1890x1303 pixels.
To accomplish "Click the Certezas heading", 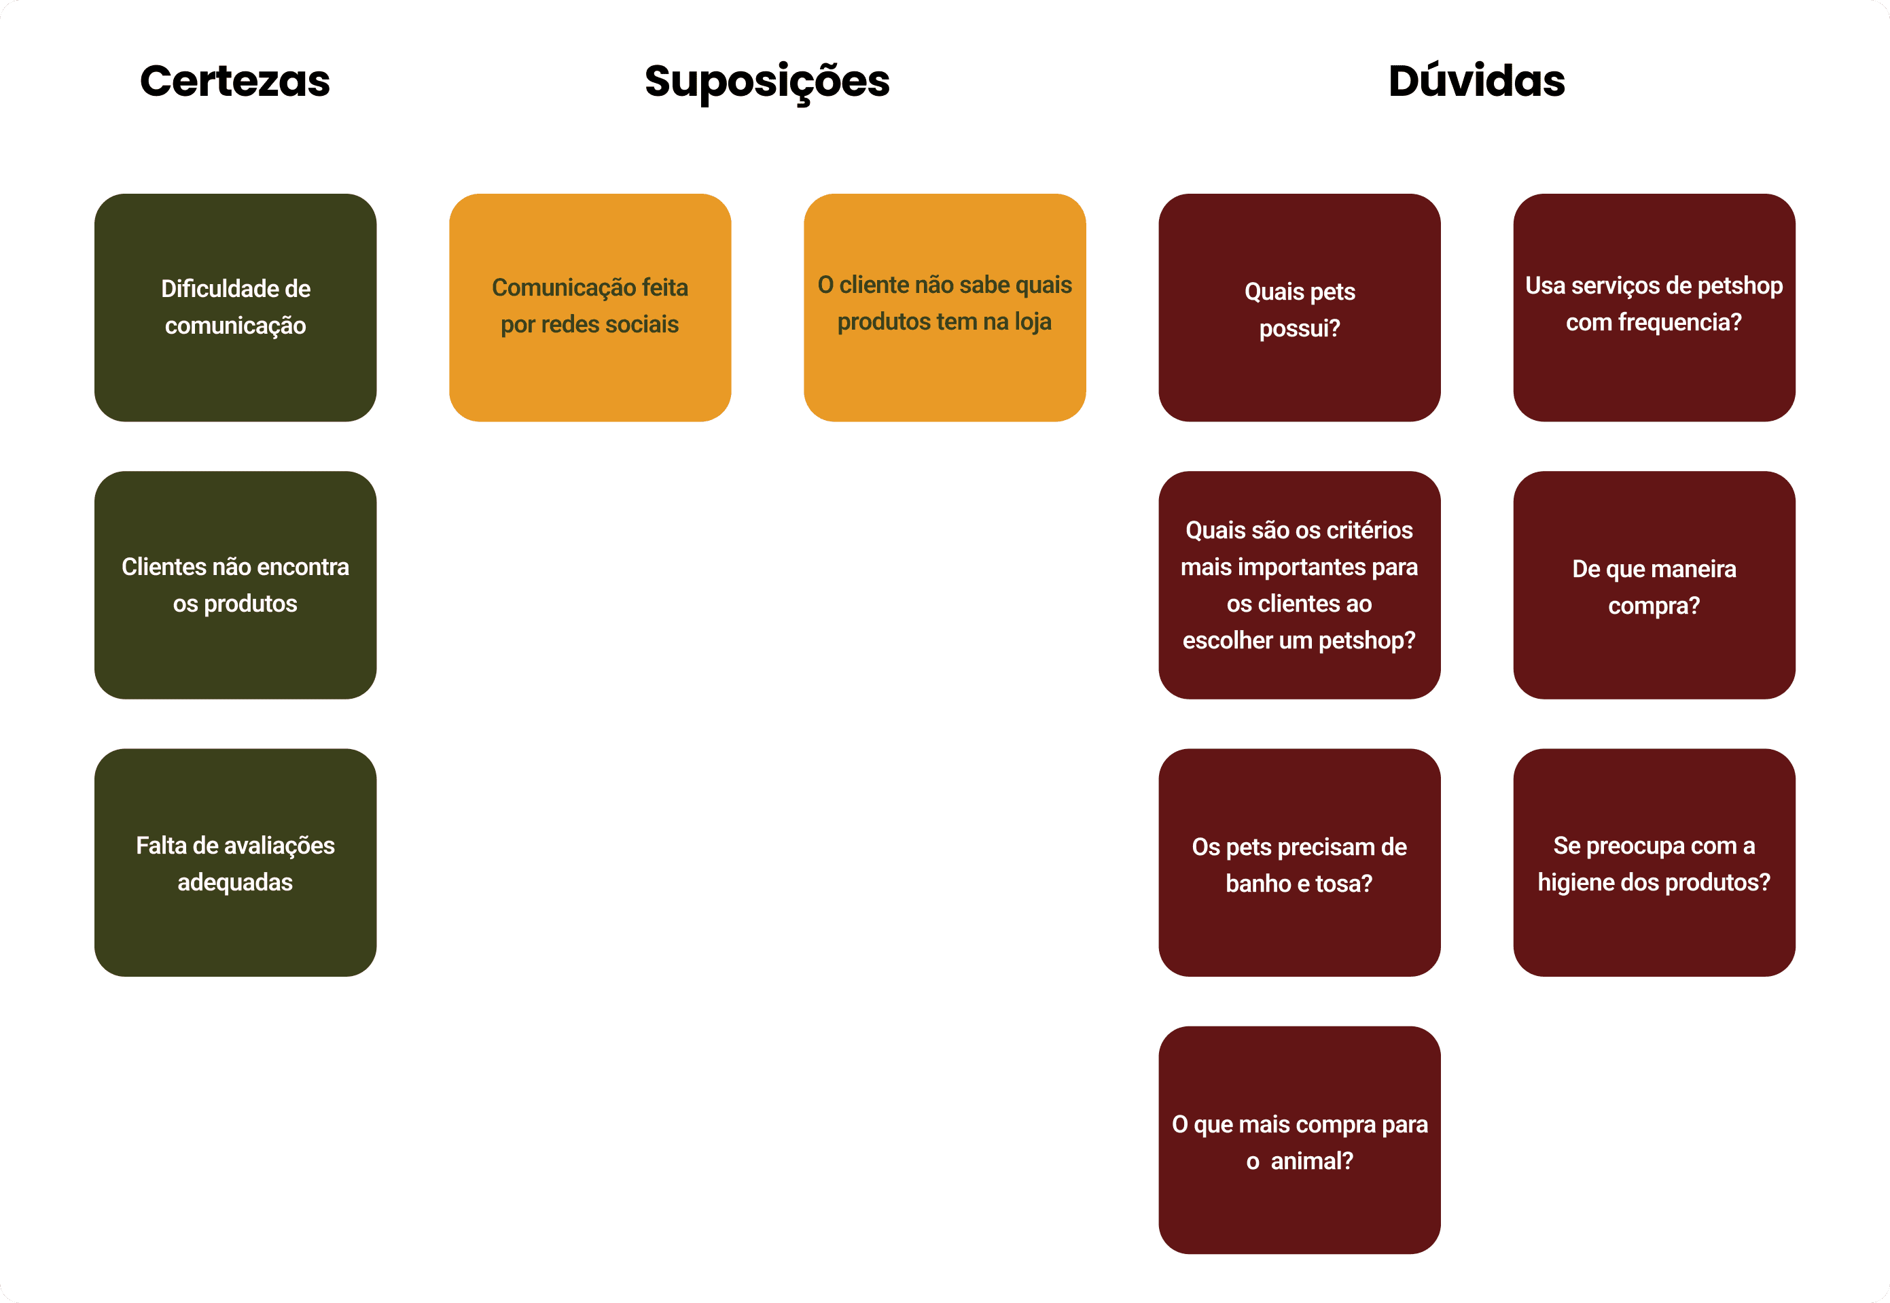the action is pos(235,81).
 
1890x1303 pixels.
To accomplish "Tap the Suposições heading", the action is pos(766,82).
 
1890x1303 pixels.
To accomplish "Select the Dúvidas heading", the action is pos(1476,81).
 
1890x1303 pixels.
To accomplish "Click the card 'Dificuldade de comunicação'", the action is pos(235,307).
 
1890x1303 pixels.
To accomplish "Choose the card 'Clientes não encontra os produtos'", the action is pos(235,585).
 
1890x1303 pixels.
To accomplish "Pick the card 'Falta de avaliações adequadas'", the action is pos(235,862).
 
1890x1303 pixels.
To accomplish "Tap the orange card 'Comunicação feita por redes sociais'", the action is pos(589,307).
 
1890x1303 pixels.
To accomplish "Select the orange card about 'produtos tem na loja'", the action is pos(944,307).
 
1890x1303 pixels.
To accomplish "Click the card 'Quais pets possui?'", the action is pos(1299,307).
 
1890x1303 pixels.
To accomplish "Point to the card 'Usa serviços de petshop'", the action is pos(1654,307).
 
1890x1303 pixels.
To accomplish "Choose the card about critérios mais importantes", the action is pos(1299,585).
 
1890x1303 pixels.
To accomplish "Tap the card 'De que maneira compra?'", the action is pos(1654,585).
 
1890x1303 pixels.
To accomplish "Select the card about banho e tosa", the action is pos(1299,862).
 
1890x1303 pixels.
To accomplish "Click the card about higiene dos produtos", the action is pos(1654,862).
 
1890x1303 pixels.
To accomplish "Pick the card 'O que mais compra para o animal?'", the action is pos(1299,1140).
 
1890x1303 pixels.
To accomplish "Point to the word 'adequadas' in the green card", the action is pos(235,882).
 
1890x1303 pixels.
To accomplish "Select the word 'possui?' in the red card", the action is pos(1299,328).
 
